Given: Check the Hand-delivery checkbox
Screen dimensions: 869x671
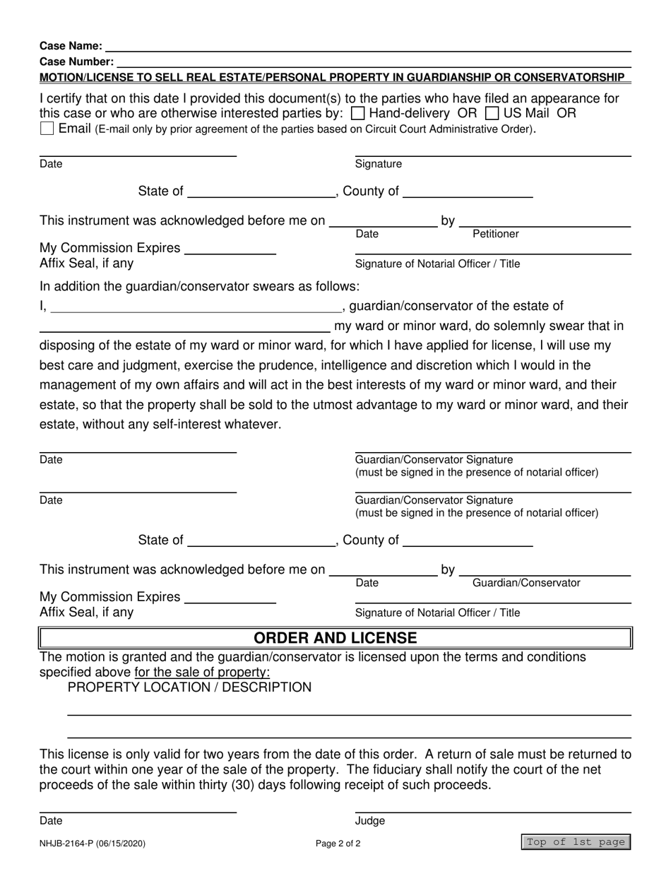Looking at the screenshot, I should tap(358, 113).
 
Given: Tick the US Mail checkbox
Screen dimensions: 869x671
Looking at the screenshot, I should tap(493, 113).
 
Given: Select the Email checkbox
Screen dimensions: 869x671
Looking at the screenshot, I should tap(47, 129).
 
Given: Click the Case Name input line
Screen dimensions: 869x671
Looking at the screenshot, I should tap(367, 47).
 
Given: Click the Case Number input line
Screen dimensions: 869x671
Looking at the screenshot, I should tap(374, 62).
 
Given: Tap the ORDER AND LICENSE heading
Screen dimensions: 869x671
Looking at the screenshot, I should tap(335, 639).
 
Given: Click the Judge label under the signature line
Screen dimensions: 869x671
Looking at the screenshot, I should tap(370, 821).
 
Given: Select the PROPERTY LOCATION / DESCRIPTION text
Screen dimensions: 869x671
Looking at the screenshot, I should tap(189, 687).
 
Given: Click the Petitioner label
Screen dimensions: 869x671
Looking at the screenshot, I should tap(495, 234).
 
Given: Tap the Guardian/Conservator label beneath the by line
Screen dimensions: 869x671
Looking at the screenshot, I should tap(526, 583).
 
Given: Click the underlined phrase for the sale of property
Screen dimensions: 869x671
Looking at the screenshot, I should tap(202, 672).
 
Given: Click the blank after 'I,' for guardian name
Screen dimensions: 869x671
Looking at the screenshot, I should tap(195, 307).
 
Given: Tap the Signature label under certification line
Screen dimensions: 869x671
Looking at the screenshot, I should tap(378, 164).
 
